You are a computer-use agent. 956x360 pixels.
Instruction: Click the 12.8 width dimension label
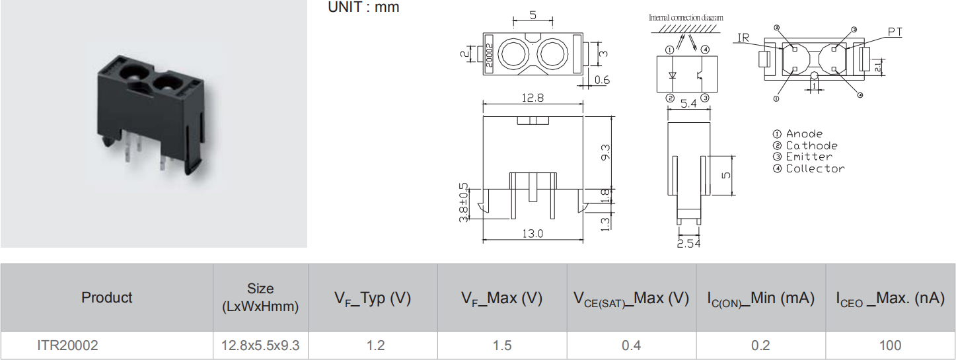(x=533, y=98)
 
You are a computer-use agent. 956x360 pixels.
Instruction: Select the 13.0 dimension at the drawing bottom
(x=533, y=233)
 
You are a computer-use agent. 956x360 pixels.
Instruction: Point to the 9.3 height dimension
(x=606, y=153)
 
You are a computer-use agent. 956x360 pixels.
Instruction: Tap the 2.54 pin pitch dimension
(x=689, y=243)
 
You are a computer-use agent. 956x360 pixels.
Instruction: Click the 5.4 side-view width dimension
(x=688, y=104)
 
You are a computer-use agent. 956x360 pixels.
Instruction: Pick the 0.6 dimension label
(x=602, y=80)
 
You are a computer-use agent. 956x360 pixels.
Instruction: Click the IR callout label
(x=743, y=38)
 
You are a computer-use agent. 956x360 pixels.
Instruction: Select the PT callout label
(x=895, y=32)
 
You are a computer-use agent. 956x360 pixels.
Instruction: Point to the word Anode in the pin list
(x=804, y=133)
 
